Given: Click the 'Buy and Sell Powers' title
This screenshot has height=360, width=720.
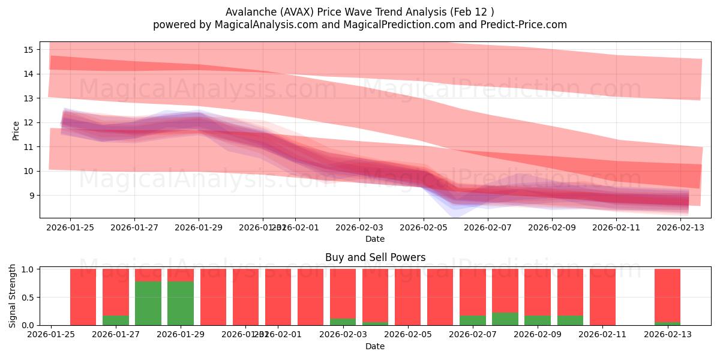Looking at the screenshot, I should coord(375,257).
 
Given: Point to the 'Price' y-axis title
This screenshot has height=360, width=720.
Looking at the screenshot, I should coord(16,130).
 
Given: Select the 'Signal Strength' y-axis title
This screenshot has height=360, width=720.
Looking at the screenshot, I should coord(13,296).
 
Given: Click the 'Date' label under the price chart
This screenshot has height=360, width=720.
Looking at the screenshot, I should coord(375,239).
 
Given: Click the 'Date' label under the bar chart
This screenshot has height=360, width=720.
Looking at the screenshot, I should coord(375,346).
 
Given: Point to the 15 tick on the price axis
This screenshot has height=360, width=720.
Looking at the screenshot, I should coord(29,49).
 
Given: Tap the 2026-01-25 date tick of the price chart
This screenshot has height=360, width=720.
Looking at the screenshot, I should coord(70,227).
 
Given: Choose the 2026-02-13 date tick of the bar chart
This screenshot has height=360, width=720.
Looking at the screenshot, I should coord(667,335).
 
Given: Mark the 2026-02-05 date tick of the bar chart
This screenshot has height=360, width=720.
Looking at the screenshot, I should coord(407,335).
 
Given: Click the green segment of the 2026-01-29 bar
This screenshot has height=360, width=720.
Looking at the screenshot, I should coord(181,303).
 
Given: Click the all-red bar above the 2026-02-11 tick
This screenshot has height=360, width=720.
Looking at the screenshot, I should coord(602,297).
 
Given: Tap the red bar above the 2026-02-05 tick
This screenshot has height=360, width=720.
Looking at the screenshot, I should coord(407,297).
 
